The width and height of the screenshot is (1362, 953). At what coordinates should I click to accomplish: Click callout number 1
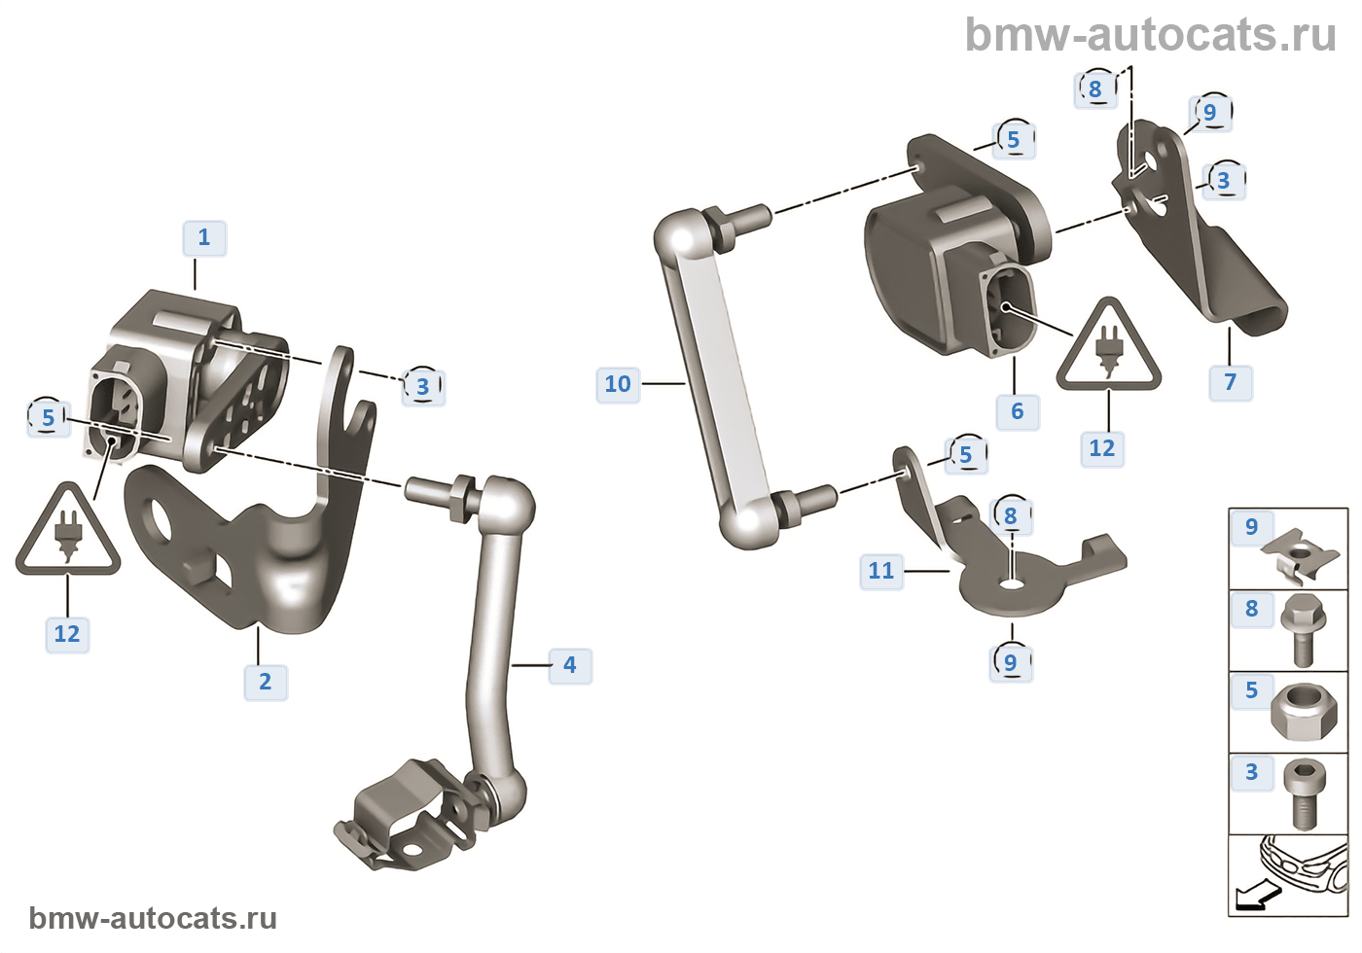(204, 238)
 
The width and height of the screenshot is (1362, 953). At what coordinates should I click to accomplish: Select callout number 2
(266, 682)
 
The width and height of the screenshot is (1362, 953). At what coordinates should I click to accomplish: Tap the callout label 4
(570, 665)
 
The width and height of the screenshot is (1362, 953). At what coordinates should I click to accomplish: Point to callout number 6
(1018, 411)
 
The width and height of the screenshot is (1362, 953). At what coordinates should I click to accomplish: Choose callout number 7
(1231, 382)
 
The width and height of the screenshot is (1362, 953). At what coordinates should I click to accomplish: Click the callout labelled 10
(618, 384)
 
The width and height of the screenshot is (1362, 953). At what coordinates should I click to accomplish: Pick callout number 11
(881, 571)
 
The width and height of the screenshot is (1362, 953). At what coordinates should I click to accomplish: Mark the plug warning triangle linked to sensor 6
(1108, 348)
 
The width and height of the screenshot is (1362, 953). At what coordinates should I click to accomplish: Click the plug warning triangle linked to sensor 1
(67, 533)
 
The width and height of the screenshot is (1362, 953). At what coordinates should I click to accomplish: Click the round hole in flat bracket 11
(1012, 584)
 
